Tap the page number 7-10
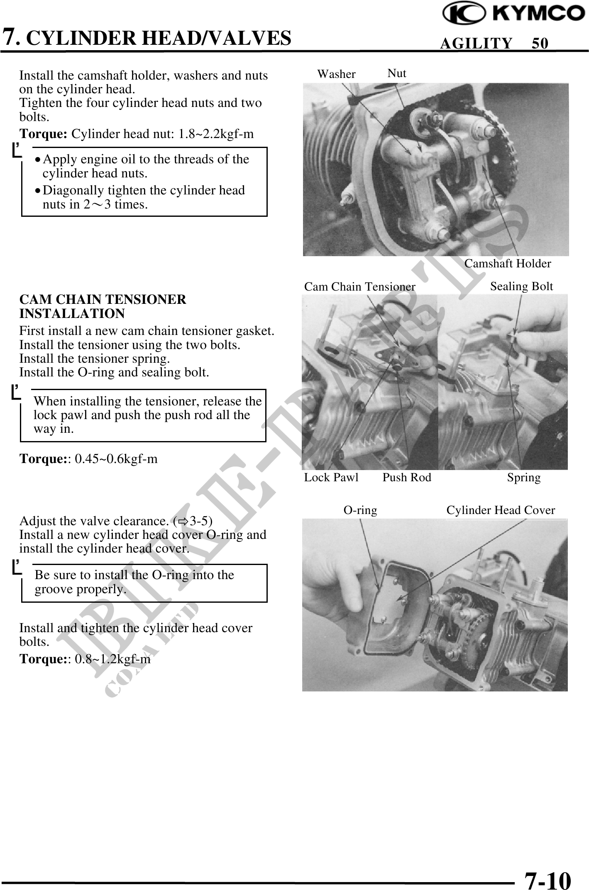pos(547,869)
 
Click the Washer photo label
pos(336,74)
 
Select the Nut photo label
pos(397,73)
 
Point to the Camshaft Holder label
pos(507,264)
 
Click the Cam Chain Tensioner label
pos(359,287)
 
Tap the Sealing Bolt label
pos(521,286)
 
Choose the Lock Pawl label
pos(331,478)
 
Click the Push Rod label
pos(406,478)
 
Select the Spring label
pos(524,478)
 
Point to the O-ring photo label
pos(360,510)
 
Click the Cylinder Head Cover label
pos(501,510)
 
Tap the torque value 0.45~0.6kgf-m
pos(116,459)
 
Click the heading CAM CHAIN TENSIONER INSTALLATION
pos(103,306)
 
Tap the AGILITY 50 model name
pos(494,43)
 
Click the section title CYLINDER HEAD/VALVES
pos(161,38)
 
